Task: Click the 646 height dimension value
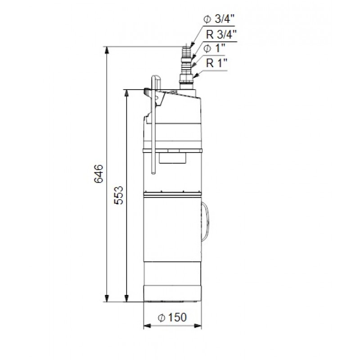tap(99, 173)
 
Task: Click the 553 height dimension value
tap(119, 195)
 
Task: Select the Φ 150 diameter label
tap(172, 317)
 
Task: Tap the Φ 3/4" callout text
tap(219, 19)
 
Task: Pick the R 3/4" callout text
tap(221, 35)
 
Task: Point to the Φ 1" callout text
tap(214, 48)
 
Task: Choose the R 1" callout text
tap(216, 63)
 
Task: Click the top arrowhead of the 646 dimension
tap(107, 50)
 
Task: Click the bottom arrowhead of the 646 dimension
tap(107, 298)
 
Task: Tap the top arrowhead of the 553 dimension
tap(126, 93)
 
